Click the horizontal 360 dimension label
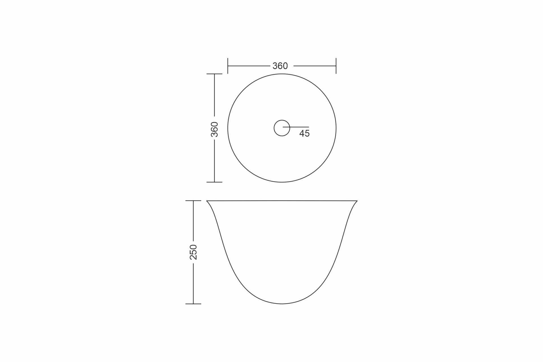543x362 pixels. [x=280, y=66]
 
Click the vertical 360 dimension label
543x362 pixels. [x=215, y=129]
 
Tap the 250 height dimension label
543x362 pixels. [x=193, y=252]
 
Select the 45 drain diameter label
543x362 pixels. [x=304, y=133]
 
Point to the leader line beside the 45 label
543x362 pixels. [x=296, y=127]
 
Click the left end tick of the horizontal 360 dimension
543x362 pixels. [x=228, y=66]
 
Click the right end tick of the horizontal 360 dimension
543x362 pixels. [x=336, y=66]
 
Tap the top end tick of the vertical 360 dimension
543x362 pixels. [x=214, y=74]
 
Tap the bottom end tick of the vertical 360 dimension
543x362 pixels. [x=214, y=182]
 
